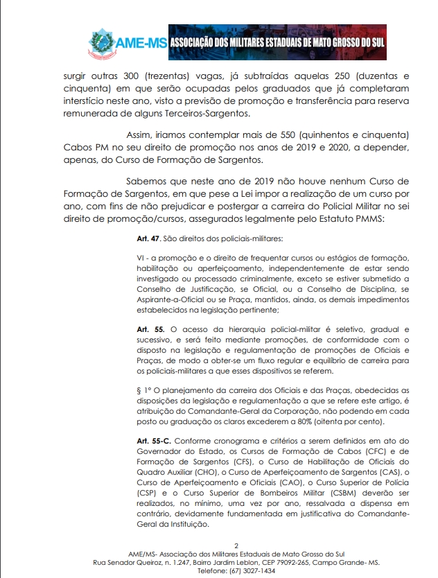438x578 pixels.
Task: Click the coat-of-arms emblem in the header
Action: [x=103, y=43]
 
